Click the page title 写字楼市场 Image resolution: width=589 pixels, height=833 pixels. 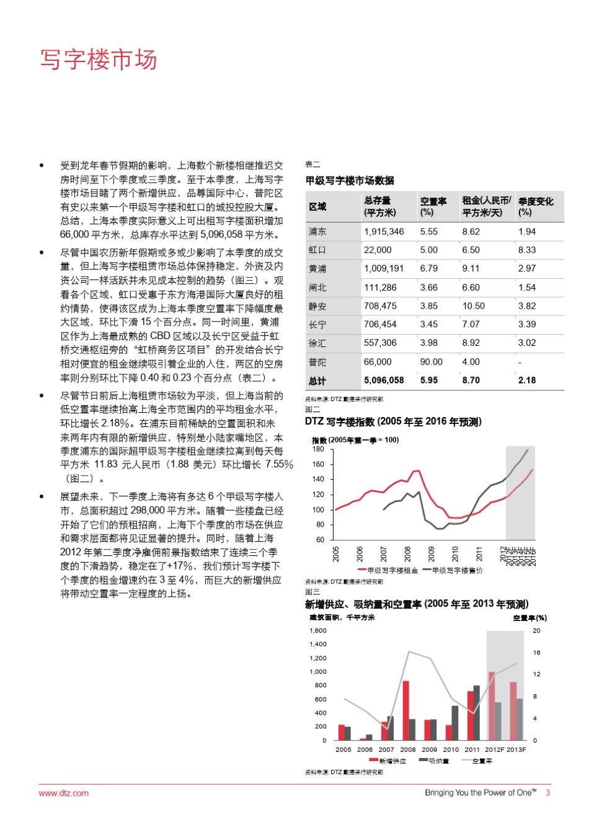[99, 60]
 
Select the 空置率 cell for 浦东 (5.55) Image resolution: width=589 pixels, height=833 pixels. [428, 231]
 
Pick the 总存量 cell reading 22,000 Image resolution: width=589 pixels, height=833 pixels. [378, 250]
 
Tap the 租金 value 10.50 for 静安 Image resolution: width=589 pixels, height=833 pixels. [473, 306]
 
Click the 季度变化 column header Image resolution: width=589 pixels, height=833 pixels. [536, 206]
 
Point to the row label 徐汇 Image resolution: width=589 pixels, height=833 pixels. [317, 343]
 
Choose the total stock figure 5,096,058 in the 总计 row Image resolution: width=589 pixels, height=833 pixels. [384, 380]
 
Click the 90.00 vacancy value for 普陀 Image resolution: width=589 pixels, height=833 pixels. [431, 361]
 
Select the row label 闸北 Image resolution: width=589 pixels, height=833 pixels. [317, 287]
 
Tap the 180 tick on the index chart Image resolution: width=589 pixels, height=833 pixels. [318, 449]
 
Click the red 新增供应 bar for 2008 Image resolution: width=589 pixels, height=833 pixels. [405, 710]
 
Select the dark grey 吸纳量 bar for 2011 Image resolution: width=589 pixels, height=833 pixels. [476, 713]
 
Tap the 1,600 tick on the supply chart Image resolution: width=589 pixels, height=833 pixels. [317, 631]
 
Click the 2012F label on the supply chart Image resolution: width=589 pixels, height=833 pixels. [494, 749]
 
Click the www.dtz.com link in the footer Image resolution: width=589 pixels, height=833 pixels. [63, 793]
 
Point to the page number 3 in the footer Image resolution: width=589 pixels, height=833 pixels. [547, 792]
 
